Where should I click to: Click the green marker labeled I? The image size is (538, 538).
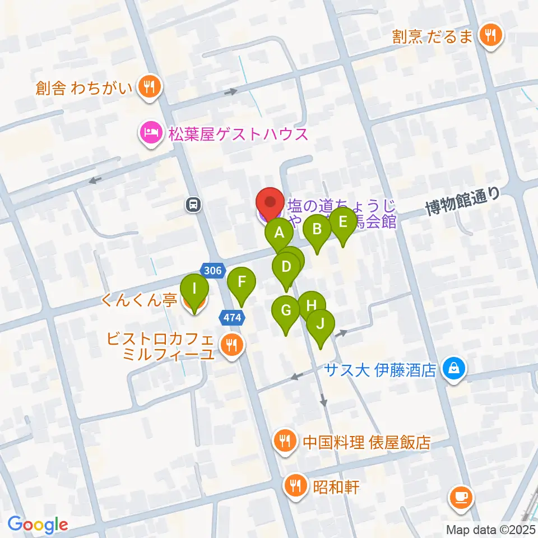(194, 290)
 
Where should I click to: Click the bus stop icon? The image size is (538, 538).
(193, 205)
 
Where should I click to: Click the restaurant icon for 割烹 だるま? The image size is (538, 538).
(491, 36)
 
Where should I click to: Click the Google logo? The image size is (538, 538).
(38, 525)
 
